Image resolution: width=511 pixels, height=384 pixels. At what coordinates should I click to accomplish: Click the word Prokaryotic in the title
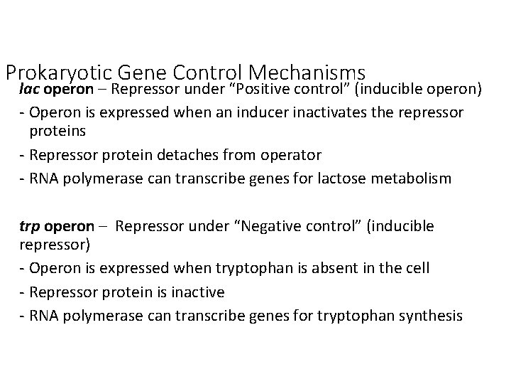pos(60,73)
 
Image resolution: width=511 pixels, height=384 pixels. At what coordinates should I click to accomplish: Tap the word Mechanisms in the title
pos(309,73)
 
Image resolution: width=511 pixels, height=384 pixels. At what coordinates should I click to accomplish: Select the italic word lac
pos(30,90)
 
